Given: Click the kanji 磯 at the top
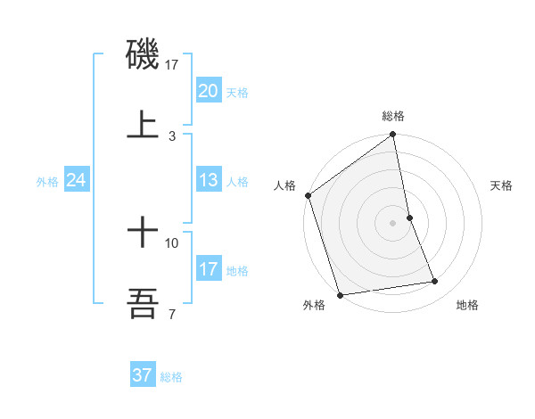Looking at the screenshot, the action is [143, 54].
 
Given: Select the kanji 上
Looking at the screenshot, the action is [143, 124].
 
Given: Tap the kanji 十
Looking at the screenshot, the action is [143, 234].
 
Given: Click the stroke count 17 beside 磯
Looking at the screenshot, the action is [172, 64].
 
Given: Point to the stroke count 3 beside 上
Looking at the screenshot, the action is [172, 136].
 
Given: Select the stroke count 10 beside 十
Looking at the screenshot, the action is [172, 242].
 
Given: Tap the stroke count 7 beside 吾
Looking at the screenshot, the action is [172, 314].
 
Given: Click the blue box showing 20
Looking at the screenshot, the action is [209, 91].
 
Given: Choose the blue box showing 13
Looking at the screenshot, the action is [209, 180].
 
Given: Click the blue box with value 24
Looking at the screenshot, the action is [77, 180].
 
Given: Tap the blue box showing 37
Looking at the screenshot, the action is [143, 375].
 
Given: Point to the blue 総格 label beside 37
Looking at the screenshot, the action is [171, 377].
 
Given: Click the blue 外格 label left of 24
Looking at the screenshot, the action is [47, 182].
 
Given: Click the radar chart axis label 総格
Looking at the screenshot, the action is [393, 116].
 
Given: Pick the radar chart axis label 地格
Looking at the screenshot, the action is [467, 306].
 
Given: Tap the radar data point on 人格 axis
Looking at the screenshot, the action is [309, 195].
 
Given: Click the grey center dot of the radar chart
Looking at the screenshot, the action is [393, 223].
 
